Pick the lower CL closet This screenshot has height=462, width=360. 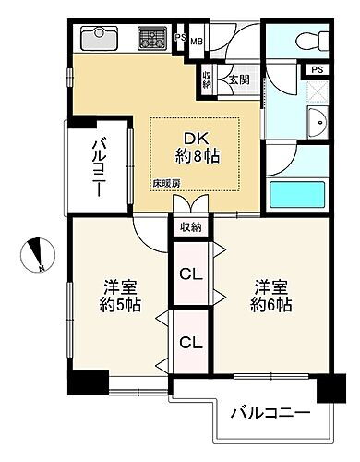click(190, 342)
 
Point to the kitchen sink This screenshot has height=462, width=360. click(97, 39)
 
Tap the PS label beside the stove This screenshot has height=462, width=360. click(180, 38)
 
